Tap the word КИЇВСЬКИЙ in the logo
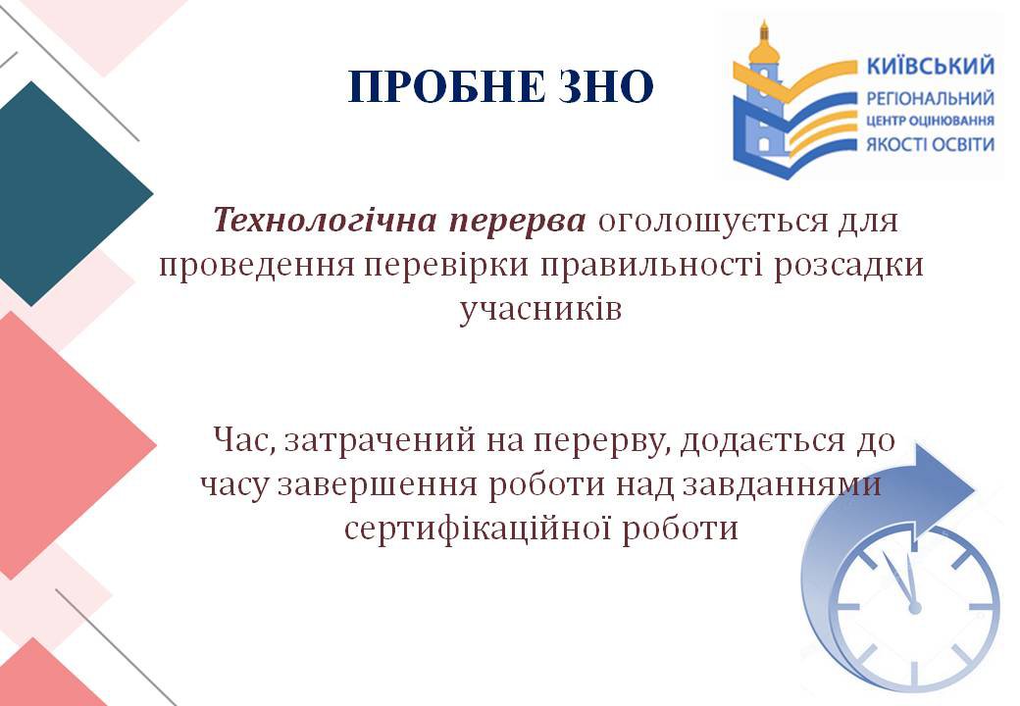[x=931, y=67]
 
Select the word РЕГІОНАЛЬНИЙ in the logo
[x=930, y=99]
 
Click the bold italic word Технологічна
[x=325, y=220]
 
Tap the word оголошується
[x=711, y=222]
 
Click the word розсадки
[x=849, y=266]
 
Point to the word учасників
[x=540, y=310]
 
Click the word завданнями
[x=782, y=485]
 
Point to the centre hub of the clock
[x=915, y=608]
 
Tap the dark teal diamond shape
[x=62, y=194]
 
